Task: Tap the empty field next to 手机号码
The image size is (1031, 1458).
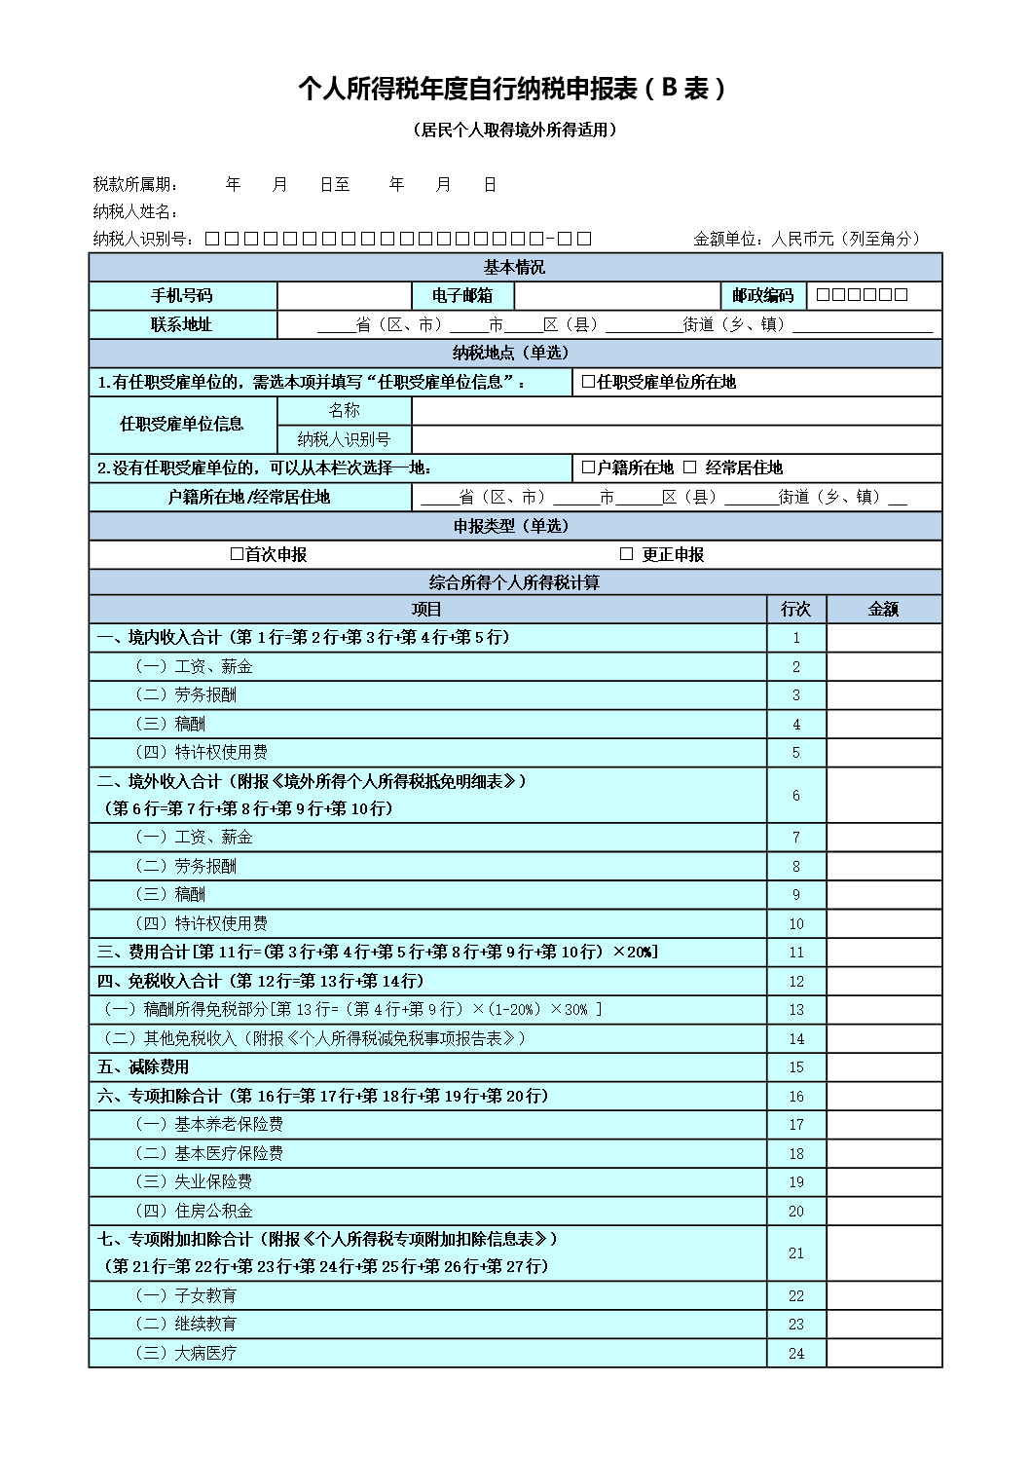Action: click(x=345, y=295)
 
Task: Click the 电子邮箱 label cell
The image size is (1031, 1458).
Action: click(x=463, y=295)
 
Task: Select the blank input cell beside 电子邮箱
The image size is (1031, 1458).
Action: click(x=615, y=295)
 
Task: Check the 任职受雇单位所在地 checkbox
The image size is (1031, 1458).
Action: click(x=588, y=382)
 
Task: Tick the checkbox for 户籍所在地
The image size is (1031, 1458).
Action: click(x=588, y=467)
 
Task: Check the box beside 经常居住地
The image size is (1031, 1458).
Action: click(x=690, y=467)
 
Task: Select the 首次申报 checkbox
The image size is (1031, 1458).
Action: click(x=237, y=554)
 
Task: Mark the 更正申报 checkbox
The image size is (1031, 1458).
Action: click(x=627, y=554)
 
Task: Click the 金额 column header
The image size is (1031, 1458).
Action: click(x=883, y=610)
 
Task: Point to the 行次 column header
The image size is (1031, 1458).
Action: click(x=795, y=610)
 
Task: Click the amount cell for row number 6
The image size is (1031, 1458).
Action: click(x=883, y=796)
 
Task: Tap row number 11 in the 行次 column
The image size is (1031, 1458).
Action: click(x=795, y=953)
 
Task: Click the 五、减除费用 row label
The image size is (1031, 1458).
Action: click(x=144, y=1067)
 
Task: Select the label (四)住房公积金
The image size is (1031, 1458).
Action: click(x=194, y=1211)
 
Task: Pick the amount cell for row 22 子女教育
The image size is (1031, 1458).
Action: click(x=883, y=1296)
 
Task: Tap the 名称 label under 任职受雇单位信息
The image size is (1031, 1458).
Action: click(x=344, y=411)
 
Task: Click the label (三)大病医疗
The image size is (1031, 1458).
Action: click(x=186, y=1354)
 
